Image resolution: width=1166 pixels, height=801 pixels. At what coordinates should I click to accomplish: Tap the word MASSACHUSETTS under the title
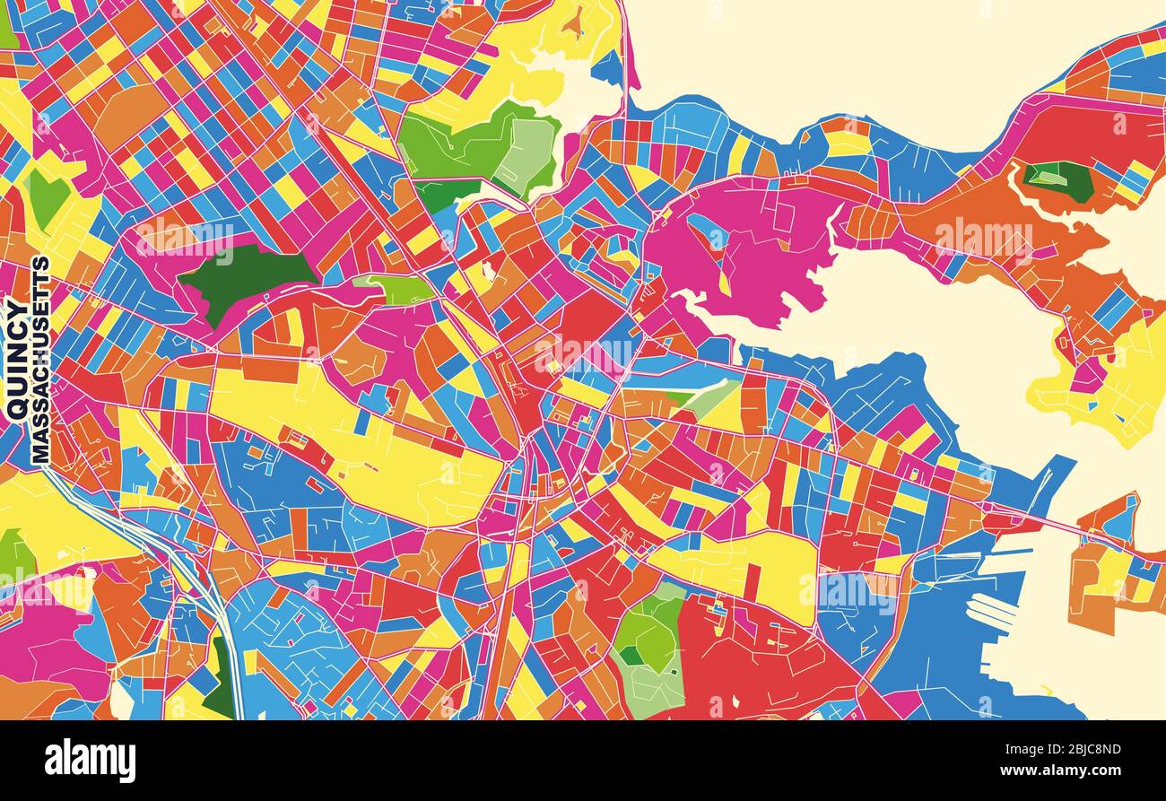click(40, 360)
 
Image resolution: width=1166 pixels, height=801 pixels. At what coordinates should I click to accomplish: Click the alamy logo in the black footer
click(90, 761)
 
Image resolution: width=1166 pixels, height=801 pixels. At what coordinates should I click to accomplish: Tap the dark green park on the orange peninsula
click(1059, 179)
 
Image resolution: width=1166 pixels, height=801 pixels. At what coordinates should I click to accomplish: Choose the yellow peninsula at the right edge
click(1112, 386)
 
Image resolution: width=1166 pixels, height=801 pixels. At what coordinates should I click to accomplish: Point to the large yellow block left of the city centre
click(359, 431)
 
